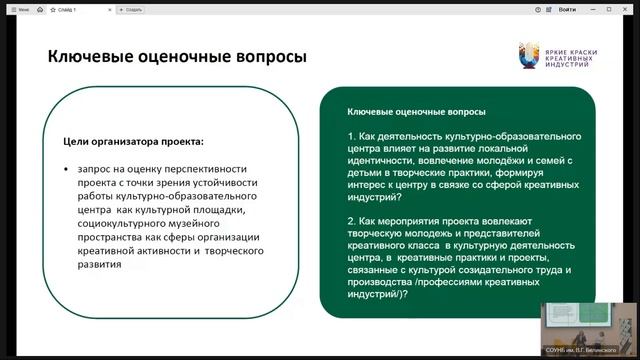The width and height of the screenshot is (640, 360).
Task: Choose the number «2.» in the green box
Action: (x=352, y=219)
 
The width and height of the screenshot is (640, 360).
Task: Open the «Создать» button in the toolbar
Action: (x=132, y=7)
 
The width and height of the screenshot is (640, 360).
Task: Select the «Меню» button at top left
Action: (x=17, y=7)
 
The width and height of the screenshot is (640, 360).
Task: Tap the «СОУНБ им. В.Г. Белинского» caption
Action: (x=591, y=348)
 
